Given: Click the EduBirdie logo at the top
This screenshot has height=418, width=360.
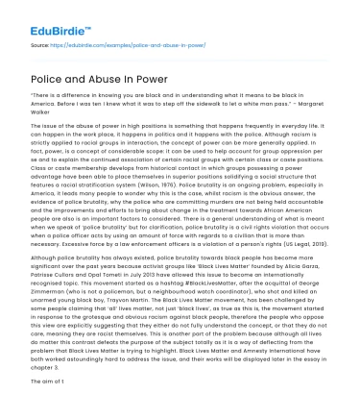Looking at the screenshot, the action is click(44, 16).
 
